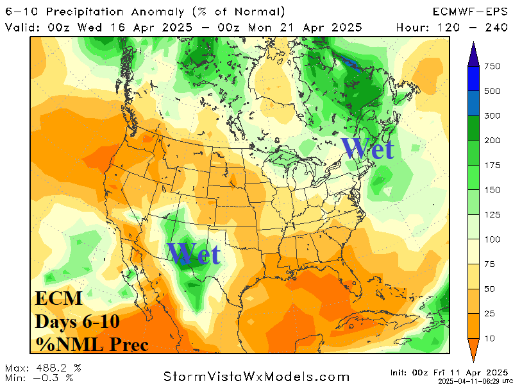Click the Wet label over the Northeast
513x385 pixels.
[367, 148]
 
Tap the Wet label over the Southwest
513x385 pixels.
[194, 253]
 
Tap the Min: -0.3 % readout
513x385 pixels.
[40, 377]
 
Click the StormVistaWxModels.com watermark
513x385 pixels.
[256, 377]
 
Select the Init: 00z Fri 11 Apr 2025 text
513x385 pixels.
[448, 372]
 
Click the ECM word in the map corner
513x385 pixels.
[58, 299]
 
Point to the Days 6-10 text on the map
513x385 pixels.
[77, 321]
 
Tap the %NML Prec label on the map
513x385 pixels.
[91, 344]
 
